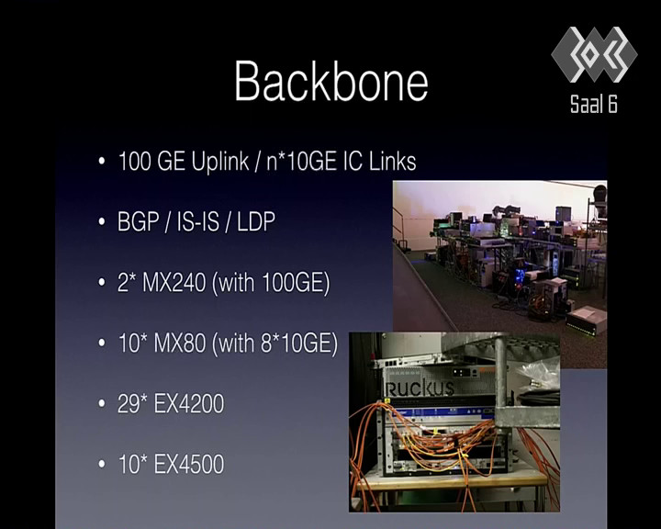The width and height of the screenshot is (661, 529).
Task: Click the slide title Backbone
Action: point(331,81)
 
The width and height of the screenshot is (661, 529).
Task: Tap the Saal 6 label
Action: point(594,104)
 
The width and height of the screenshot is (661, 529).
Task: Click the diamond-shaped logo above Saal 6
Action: point(594,54)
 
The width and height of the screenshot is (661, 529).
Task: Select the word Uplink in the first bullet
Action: point(220,162)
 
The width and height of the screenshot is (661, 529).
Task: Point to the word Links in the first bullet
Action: point(393,161)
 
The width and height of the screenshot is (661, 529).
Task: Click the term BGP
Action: point(139,221)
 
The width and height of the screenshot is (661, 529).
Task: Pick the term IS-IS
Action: point(197,221)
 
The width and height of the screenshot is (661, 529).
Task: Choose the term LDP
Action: point(256,221)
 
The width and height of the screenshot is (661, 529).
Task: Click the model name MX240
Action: point(174,282)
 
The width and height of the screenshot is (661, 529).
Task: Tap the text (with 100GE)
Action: point(271,283)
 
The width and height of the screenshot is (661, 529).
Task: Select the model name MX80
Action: point(180,343)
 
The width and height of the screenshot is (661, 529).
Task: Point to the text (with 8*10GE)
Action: point(274,343)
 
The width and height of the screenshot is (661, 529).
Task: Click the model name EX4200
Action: point(189,404)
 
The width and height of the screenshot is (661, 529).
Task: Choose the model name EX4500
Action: point(189,465)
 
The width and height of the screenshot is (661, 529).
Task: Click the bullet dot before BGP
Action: point(101,222)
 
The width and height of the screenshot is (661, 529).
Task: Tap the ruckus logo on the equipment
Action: point(420,388)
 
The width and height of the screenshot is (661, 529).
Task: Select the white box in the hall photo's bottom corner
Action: point(587,321)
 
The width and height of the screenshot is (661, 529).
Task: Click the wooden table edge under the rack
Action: point(452,481)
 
